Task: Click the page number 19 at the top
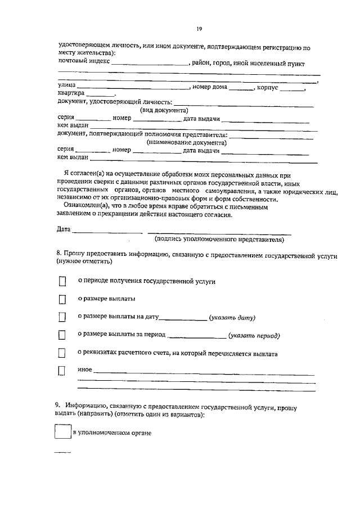(x=183, y=29)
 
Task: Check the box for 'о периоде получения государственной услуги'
(x=62, y=281)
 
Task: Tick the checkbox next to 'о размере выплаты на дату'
(x=62, y=317)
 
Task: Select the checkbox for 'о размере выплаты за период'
(x=62, y=335)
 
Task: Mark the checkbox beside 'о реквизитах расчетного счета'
(x=62, y=354)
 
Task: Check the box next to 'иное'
(x=62, y=372)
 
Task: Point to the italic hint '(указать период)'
(x=254, y=336)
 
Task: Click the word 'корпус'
(x=268, y=87)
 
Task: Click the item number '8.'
(x=58, y=255)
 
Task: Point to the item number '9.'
(x=58, y=406)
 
